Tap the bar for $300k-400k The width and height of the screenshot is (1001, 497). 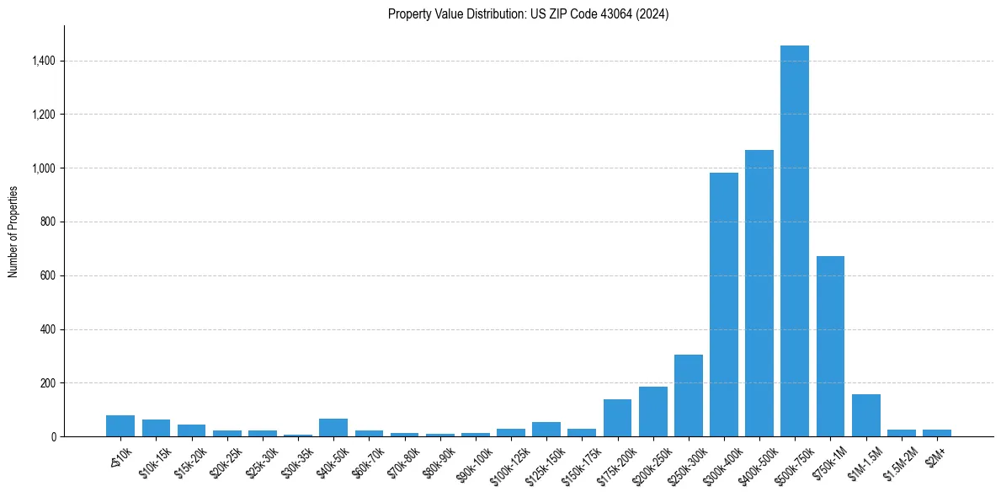tap(723, 304)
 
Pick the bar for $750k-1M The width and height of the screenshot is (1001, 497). tap(830, 346)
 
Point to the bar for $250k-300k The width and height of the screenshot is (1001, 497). tap(688, 396)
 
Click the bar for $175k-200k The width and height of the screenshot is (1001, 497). tap(617, 418)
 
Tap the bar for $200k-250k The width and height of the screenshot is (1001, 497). tap(652, 412)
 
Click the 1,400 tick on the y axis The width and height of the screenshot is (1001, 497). tap(43, 61)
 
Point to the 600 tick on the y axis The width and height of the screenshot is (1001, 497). tap(47, 275)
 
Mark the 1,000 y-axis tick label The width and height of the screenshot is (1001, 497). tap(43, 168)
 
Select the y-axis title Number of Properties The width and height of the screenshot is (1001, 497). tap(13, 232)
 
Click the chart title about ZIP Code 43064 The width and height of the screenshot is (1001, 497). tap(528, 13)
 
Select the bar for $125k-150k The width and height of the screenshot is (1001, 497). tap(546, 429)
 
